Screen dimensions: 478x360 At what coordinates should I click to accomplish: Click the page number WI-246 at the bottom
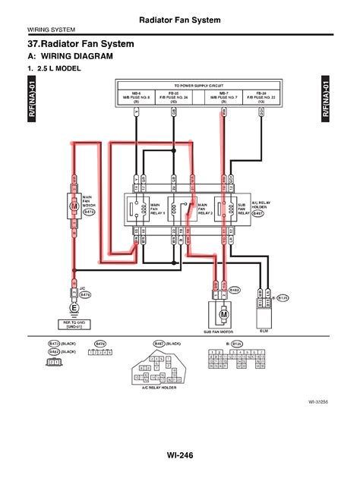click(180, 455)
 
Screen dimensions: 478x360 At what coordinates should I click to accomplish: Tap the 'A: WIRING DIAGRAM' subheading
click(70, 56)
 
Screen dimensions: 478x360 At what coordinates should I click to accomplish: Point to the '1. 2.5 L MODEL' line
click(56, 69)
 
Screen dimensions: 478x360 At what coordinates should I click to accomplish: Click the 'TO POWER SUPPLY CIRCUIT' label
click(199, 86)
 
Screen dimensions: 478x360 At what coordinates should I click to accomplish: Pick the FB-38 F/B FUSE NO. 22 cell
click(261, 96)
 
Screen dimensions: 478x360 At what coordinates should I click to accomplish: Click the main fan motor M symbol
click(74, 206)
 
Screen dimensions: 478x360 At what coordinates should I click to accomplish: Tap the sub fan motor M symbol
click(223, 313)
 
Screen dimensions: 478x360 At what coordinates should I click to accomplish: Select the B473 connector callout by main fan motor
click(90, 213)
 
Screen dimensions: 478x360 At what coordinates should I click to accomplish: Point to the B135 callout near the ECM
click(282, 299)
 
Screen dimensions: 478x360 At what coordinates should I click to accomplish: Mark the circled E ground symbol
click(74, 308)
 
